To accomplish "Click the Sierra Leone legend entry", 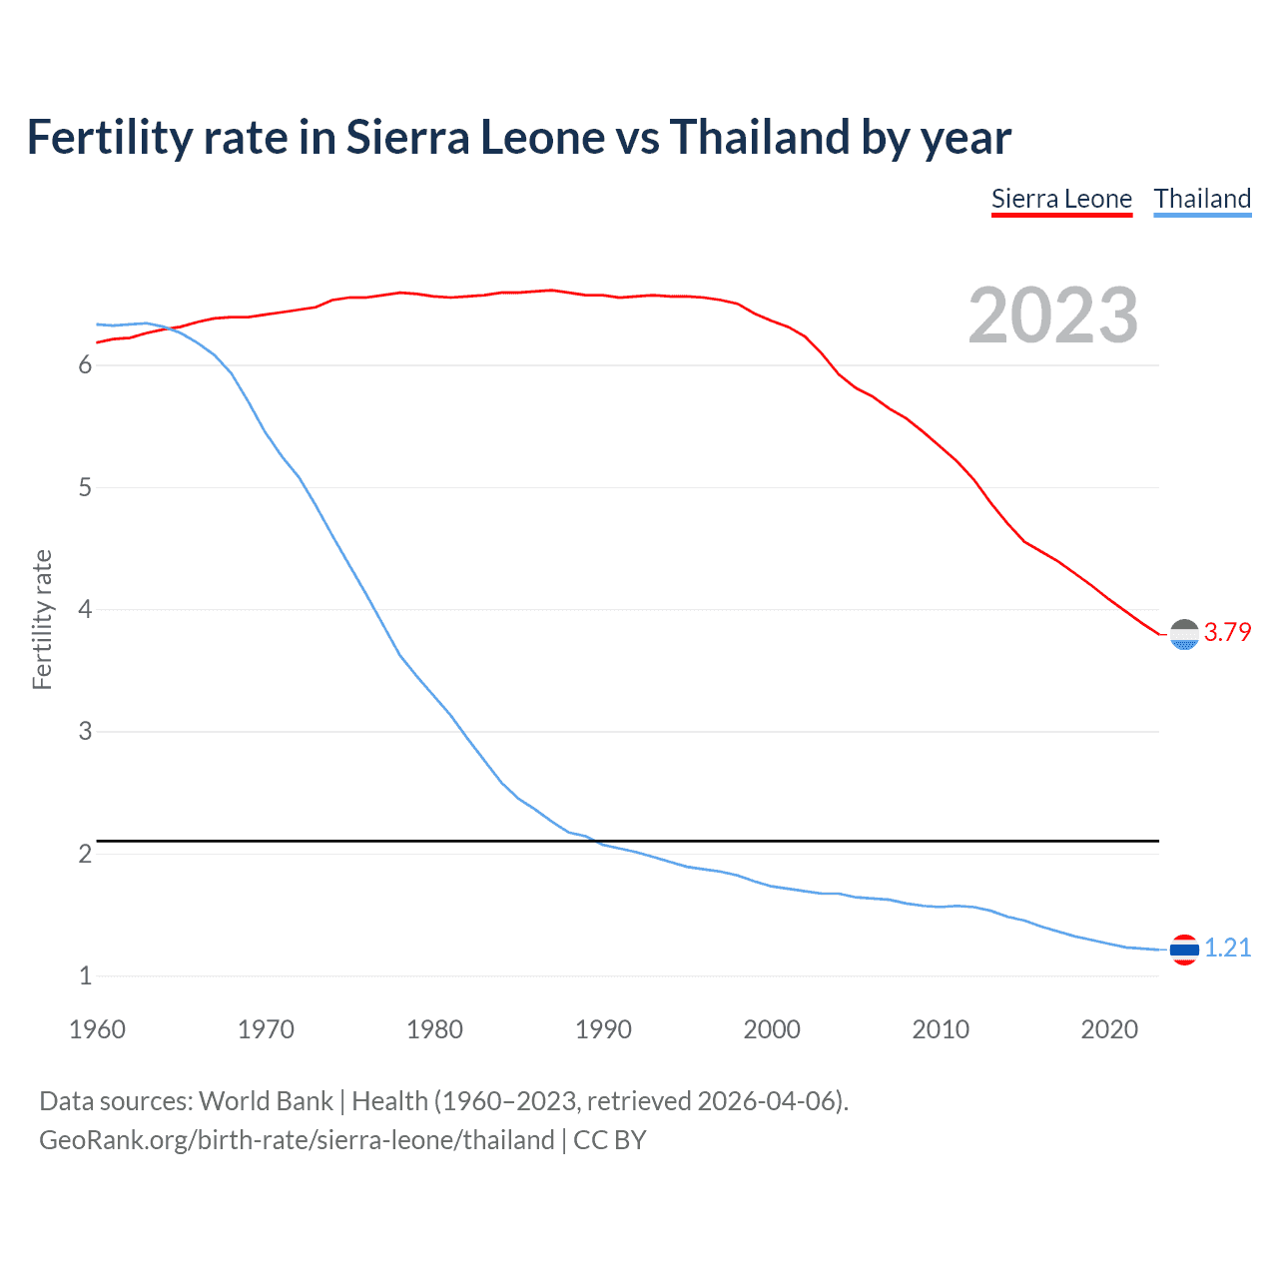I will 1061,199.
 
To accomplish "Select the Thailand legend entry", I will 1202,199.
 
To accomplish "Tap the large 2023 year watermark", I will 1053,316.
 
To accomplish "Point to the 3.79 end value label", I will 1227,632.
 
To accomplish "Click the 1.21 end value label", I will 1227,948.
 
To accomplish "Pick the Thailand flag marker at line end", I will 1184,950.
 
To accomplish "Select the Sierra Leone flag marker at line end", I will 1184,634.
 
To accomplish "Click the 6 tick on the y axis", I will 85,365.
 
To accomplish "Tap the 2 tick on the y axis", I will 85,854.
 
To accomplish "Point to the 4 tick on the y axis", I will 85,609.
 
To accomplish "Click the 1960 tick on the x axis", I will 97,1029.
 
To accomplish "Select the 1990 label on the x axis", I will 603,1029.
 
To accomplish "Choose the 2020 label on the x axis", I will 1109,1029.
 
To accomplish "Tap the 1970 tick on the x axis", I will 266,1029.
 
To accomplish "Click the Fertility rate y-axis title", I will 42,619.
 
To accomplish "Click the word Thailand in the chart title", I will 758,137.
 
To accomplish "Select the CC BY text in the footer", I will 609,1140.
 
